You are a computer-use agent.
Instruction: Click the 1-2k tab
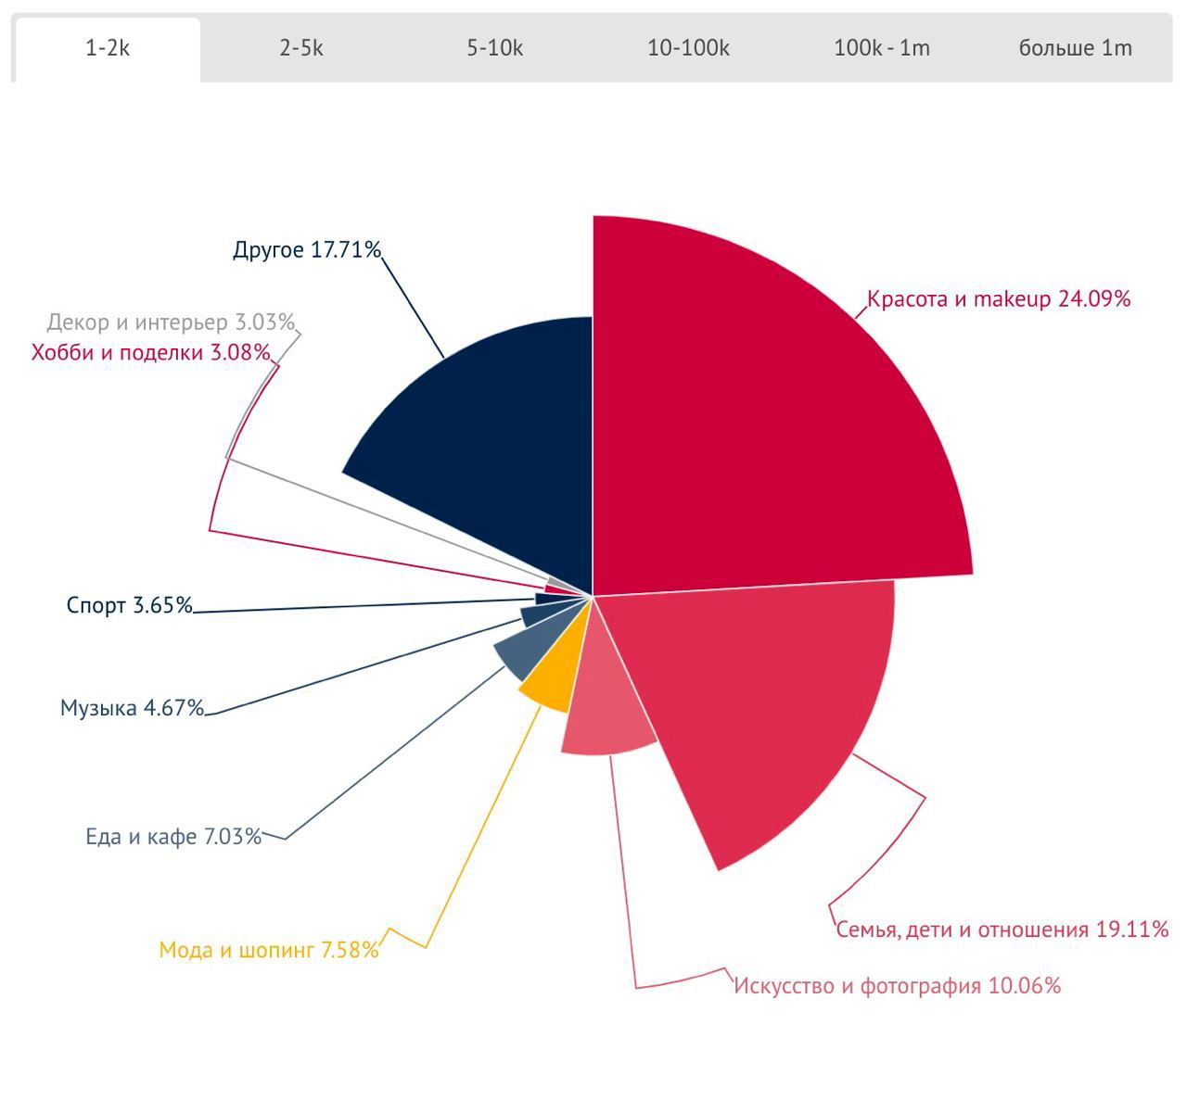(108, 49)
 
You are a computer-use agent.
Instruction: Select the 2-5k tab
(301, 49)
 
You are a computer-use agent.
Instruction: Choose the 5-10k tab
(494, 49)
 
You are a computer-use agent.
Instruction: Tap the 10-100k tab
(688, 49)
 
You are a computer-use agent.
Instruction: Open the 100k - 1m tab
(881, 49)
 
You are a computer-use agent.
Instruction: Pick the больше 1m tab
(1075, 49)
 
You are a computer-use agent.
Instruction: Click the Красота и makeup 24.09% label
(998, 299)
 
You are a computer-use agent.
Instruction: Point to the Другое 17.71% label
(307, 250)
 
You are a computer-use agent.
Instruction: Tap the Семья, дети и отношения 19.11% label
(1002, 930)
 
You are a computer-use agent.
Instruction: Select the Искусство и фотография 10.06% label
(897, 985)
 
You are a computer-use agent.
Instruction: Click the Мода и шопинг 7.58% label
(269, 950)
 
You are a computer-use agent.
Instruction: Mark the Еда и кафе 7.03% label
(173, 837)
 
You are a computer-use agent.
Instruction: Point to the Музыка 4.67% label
(132, 708)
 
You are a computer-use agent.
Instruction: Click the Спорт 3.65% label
(130, 606)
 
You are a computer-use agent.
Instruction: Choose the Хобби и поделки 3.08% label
(151, 353)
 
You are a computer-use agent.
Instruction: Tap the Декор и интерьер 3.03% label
(171, 323)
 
